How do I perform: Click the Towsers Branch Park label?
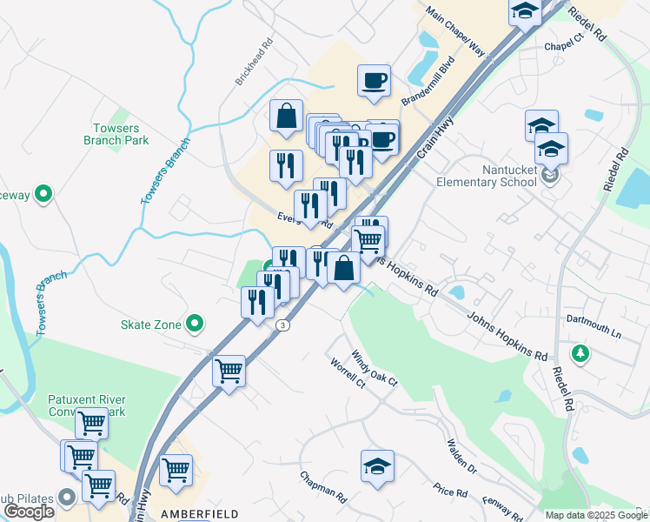point(116,134)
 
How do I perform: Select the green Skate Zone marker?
point(195,325)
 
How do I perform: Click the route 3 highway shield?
point(282,325)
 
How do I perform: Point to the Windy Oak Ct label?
point(374,370)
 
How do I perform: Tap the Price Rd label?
point(452,492)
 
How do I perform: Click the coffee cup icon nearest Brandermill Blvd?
point(374,81)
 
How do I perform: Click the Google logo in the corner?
point(29,512)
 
